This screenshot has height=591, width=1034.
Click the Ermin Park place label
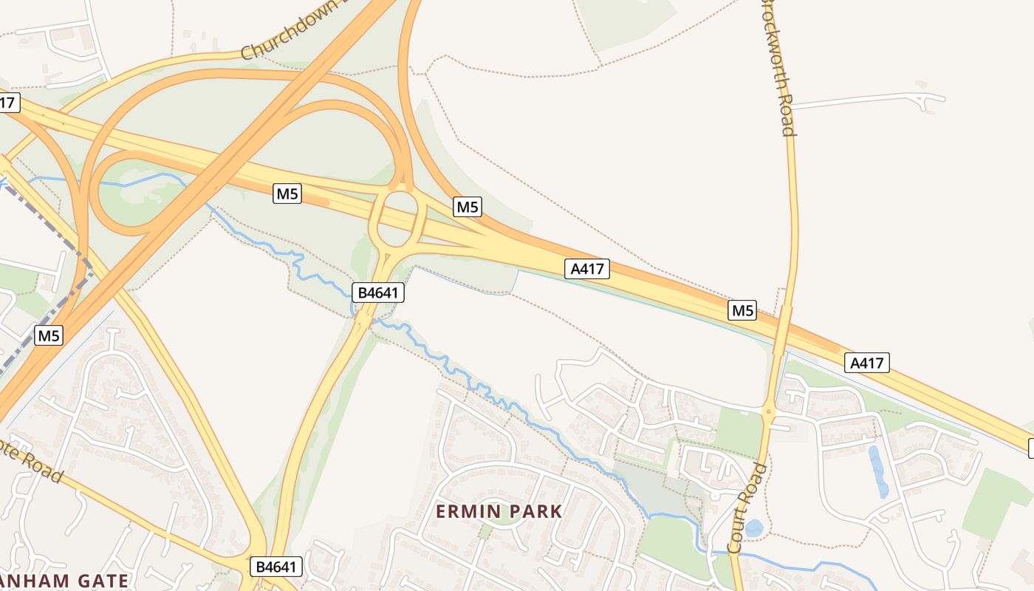[x=499, y=511]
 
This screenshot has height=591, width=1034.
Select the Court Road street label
[x=747, y=508]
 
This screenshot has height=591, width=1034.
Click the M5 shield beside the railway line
[x=48, y=335]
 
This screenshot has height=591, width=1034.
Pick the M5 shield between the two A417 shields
[x=742, y=310]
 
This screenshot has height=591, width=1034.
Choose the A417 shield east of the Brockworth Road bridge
[x=867, y=363]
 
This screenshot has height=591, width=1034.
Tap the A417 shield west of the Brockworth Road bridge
[x=588, y=269]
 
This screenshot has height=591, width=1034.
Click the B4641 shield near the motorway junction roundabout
[x=378, y=293]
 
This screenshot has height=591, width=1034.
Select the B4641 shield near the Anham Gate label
[x=277, y=567]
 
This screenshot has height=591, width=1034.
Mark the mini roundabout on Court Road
[x=769, y=411]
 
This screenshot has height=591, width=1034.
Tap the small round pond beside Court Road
[x=753, y=527]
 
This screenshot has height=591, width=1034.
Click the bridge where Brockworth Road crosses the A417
[x=783, y=326]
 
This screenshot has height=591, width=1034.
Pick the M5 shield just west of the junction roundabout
[x=287, y=194]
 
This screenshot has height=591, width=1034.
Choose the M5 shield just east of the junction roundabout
[x=468, y=207]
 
